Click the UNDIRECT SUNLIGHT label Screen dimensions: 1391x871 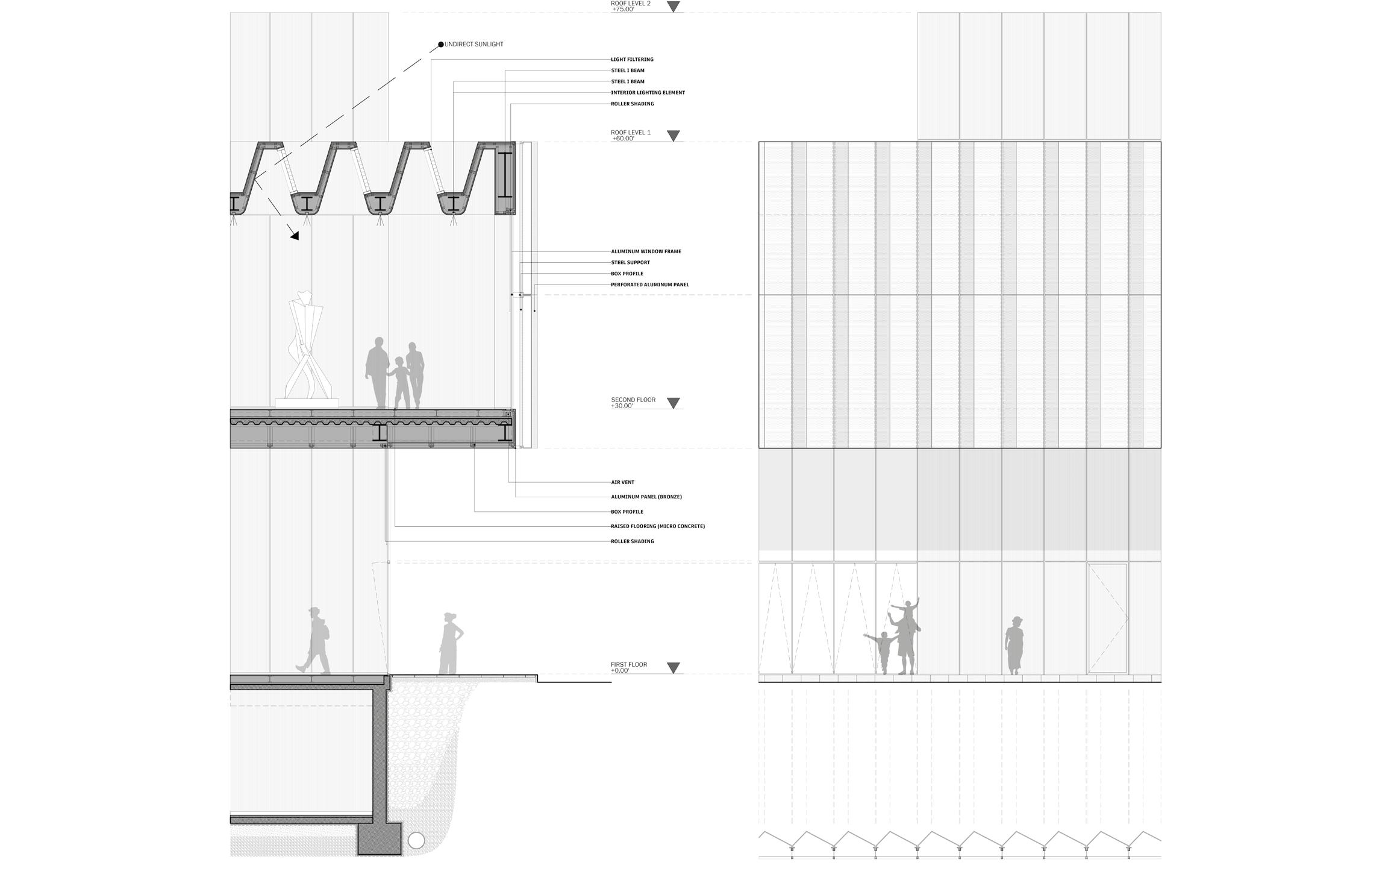[474, 45]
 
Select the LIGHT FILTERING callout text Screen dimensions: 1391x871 [632, 60]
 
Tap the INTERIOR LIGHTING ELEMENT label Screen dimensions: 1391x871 [648, 93]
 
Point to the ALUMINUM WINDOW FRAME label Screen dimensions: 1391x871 [646, 251]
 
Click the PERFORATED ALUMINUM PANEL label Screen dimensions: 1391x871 [649, 285]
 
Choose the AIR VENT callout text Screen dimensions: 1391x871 [622, 482]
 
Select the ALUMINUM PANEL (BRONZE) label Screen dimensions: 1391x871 [646, 497]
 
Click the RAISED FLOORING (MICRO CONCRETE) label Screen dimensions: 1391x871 [657, 526]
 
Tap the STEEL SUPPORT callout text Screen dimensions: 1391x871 [630, 263]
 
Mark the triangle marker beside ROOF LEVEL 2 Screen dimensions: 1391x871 [674, 7]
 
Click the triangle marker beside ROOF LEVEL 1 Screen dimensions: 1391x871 [674, 136]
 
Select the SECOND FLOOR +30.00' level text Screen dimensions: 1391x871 [633, 403]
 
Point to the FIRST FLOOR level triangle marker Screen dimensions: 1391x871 [674, 668]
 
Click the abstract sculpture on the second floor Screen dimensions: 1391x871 [306, 350]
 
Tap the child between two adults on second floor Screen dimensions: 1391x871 [400, 383]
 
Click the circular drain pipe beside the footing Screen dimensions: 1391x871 [416, 840]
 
